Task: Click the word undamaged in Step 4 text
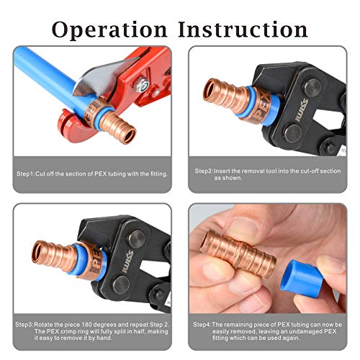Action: pyautogui.click(x=307, y=332)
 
